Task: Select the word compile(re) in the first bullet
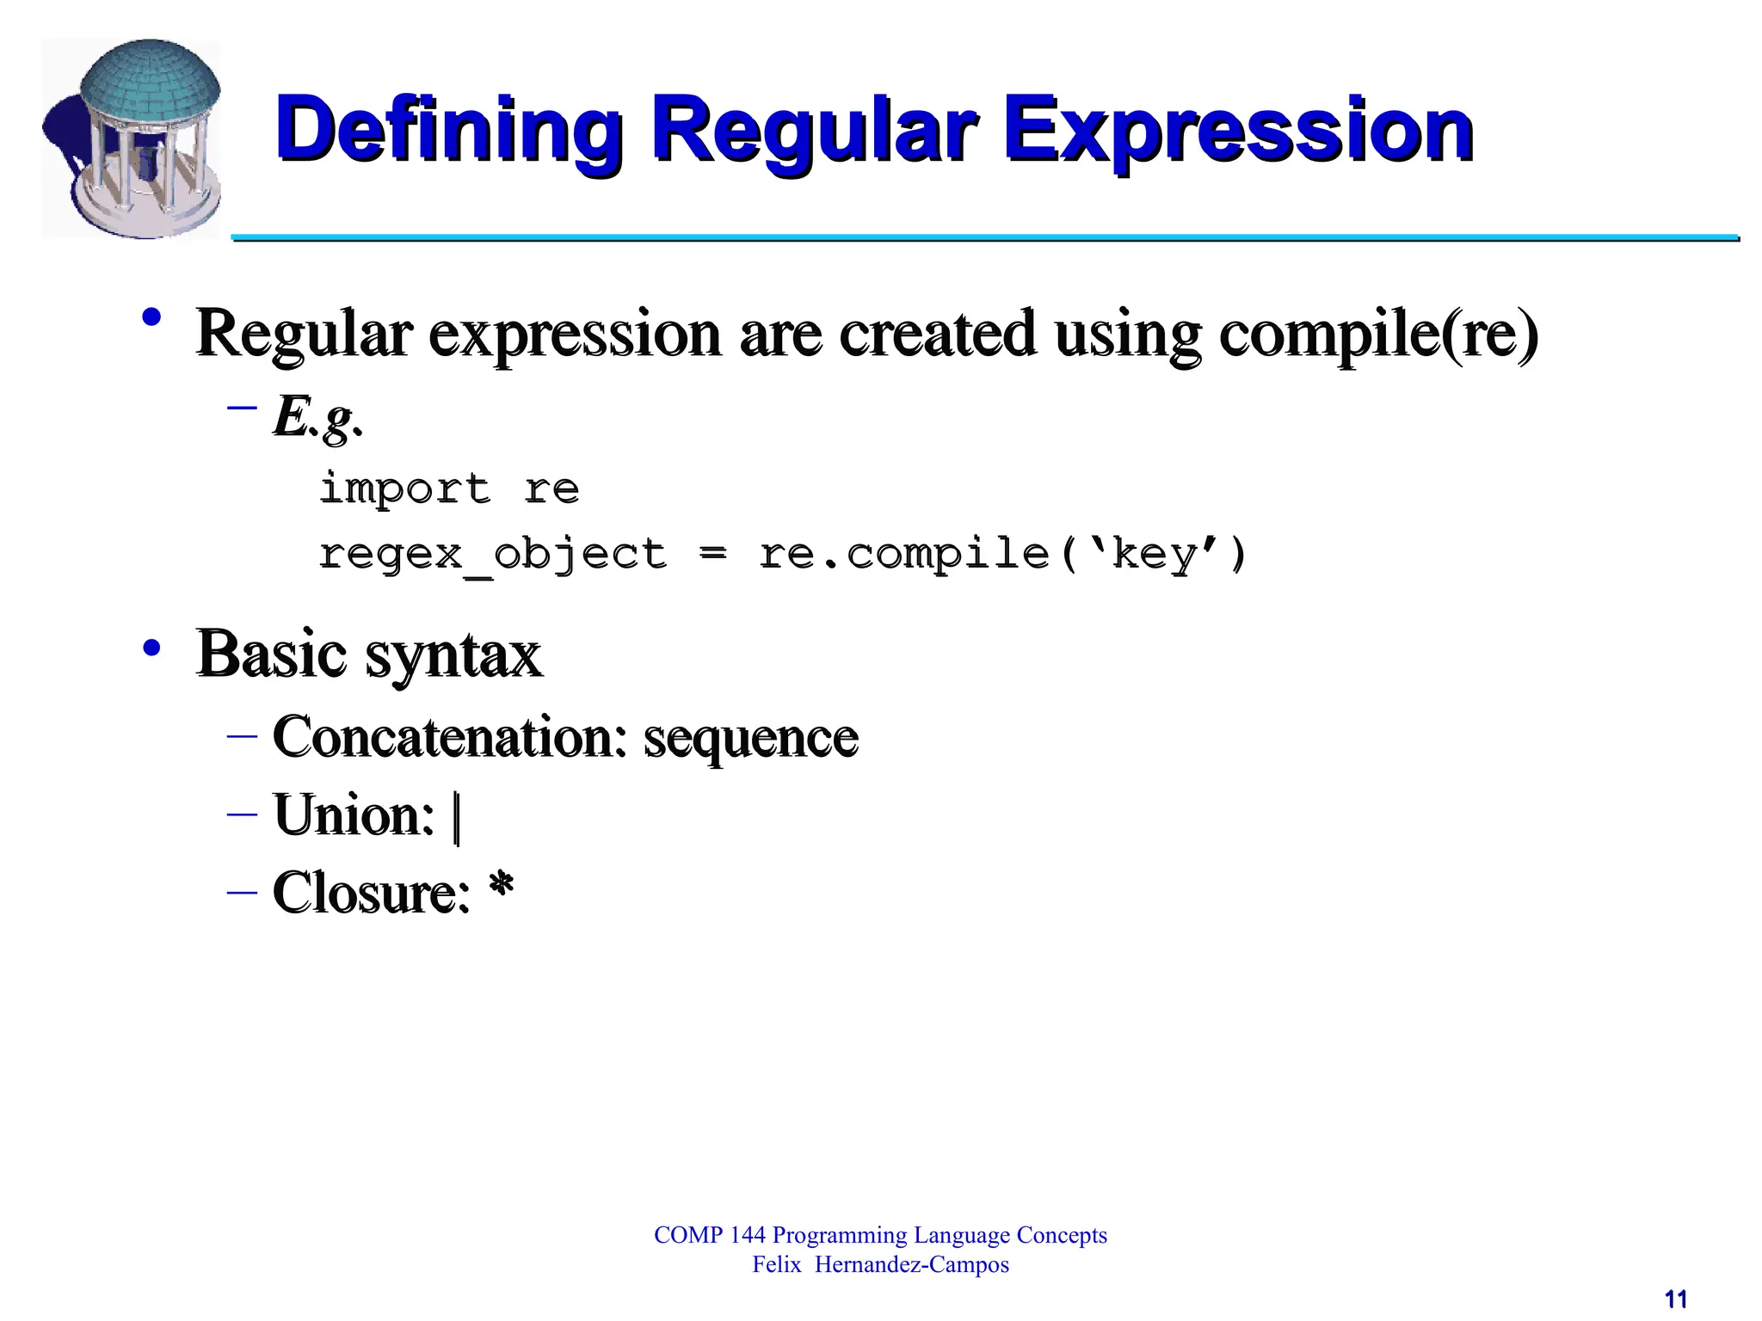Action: tap(1377, 334)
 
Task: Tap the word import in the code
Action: tap(405, 488)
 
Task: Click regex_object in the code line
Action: tap(493, 554)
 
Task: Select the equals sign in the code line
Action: tap(712, 554)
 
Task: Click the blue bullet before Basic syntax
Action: tap(152, 648)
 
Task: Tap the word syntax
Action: tap(453, 655)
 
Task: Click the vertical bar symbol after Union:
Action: tap(457, 818)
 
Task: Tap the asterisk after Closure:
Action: tap(501, 886)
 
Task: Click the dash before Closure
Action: tap(242, 892)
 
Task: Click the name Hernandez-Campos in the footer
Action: tap(911, 1265)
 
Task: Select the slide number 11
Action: tap(1675, 1299)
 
